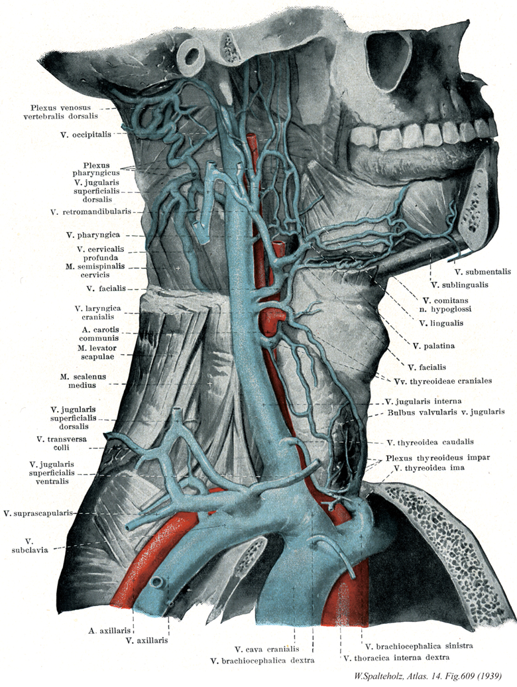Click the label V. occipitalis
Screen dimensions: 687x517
coord(84,133)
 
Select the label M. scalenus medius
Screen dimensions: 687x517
coord(83,381)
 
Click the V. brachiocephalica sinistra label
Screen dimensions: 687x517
coord(410,645)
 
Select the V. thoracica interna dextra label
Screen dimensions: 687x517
coord(395,657)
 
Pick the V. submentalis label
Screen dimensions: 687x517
coord(483,271)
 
